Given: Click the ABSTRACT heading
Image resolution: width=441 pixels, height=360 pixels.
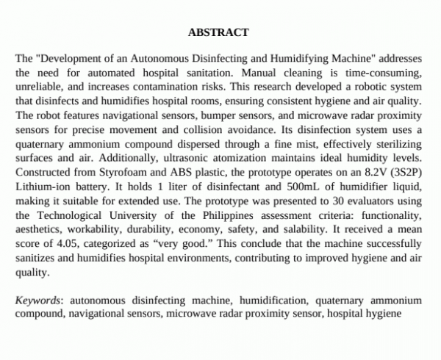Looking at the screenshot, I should (218, 32).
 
